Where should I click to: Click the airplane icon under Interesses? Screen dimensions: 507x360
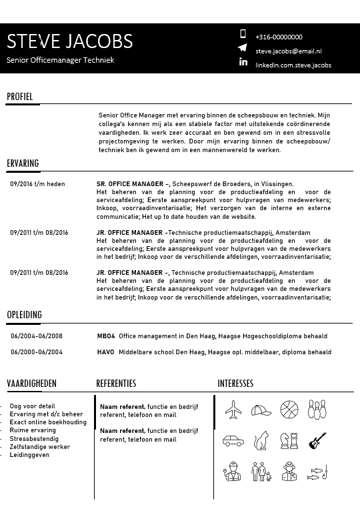pyautogui.click(x=233, y=409)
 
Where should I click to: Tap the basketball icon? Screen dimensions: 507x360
pyautogui.click(x=289, y=409)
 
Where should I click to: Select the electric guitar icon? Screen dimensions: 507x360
pyautogui.click(x=317, y=441)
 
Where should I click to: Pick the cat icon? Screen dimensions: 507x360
pyautogui.click(x=262, y=441)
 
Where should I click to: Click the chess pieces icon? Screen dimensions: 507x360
pyautogui.click(x=289, y=441)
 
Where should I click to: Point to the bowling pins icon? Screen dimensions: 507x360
pyautogui.click(x=317, y=409)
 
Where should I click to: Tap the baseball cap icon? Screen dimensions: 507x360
pyautogui.click(x=261, y=410)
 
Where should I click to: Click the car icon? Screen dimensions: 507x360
pyautogui.click(x=233, y=441)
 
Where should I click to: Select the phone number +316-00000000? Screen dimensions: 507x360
pyautogui.click(x=279, y=37)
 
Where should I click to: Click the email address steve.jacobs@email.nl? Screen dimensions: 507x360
pyautogui.click(x=288, y=51)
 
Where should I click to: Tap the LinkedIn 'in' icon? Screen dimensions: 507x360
pyautogui.click(x=243, y=62)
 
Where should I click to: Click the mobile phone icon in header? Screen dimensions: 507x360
pyautogui.click(x=243, y=34)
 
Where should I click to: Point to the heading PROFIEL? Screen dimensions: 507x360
pyautogui.click(x=20, y=97)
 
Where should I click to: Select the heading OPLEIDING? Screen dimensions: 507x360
pyautogui.click(x=24, y=314)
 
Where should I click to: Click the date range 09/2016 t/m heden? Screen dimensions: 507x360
pyautogui.click(x=37, y=184)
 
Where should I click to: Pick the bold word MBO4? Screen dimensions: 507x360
pyautogui.click(x=106, y=336)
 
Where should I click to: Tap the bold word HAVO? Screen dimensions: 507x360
pyautogui.click(x=105, y=352)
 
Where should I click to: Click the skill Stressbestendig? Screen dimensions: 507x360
pyautogui.click(x=34, y=439)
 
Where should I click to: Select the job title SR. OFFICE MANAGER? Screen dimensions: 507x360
pyautogui.click(x=130, y=184)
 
